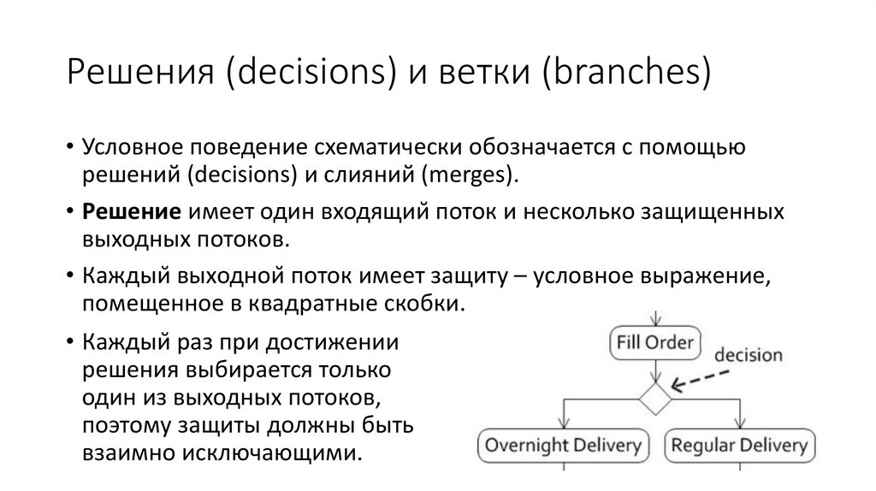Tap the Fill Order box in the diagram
tap(655, 344)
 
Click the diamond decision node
tap(656, 398)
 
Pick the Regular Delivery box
tap(739, 446)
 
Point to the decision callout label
tap(748, 354)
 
